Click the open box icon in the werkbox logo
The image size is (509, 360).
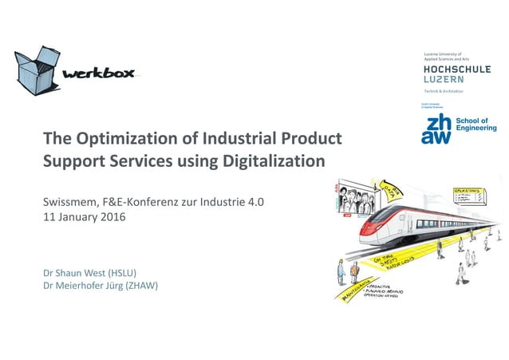[40, 71]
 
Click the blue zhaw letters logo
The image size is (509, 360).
[437, 129]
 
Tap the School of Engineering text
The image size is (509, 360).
[476, 123]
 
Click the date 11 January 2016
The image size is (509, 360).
[84, 216]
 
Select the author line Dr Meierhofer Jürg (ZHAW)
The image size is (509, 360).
[101, 286]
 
